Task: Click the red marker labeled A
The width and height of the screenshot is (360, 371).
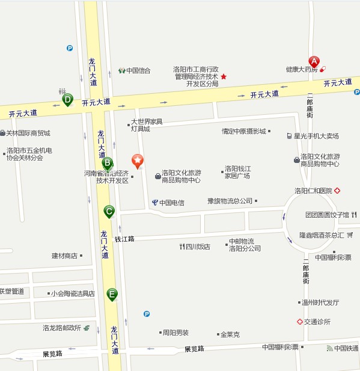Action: click(313, 61)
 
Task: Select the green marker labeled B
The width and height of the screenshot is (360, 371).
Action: click(107, 162)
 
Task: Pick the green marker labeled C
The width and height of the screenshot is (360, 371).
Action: click(109, 211)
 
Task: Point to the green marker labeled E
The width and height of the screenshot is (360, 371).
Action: click(112, 294)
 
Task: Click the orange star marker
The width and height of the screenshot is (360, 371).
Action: click(138, 160)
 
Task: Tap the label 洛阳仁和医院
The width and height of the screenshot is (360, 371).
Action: click(313, 191)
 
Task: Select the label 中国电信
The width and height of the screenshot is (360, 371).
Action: click(171, 203)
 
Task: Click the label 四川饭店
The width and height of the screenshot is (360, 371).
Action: click(198, 247)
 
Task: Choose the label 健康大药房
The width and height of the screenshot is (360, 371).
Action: click(301, 69)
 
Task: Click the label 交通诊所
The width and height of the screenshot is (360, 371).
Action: click(317, 322)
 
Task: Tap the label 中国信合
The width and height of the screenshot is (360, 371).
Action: click(138, 70)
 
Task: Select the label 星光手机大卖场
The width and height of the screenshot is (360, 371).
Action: click(316, 136)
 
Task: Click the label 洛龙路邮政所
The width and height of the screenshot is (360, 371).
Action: click(61, 328)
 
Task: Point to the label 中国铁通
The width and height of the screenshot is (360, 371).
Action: click(347, 348)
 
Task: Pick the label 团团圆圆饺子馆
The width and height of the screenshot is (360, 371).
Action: click(327, 215)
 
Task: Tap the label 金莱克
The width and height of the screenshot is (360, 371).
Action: click(230, 334)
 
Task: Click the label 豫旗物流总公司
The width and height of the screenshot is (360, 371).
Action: click(230, 201)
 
